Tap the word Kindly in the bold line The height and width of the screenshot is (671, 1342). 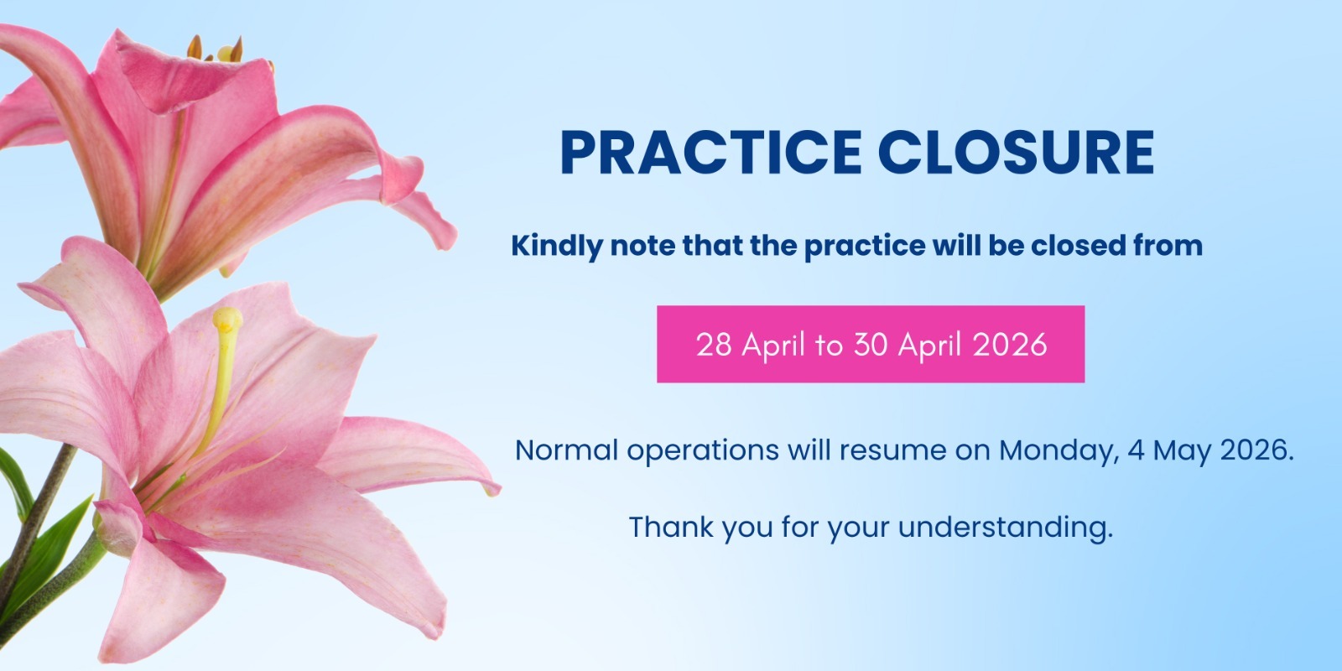[x=555, y=247]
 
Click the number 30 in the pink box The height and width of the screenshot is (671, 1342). [x=871, y=345]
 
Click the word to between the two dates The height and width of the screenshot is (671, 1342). [x=828, y=345]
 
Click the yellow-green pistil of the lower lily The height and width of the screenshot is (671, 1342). [x=224, y=369]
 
